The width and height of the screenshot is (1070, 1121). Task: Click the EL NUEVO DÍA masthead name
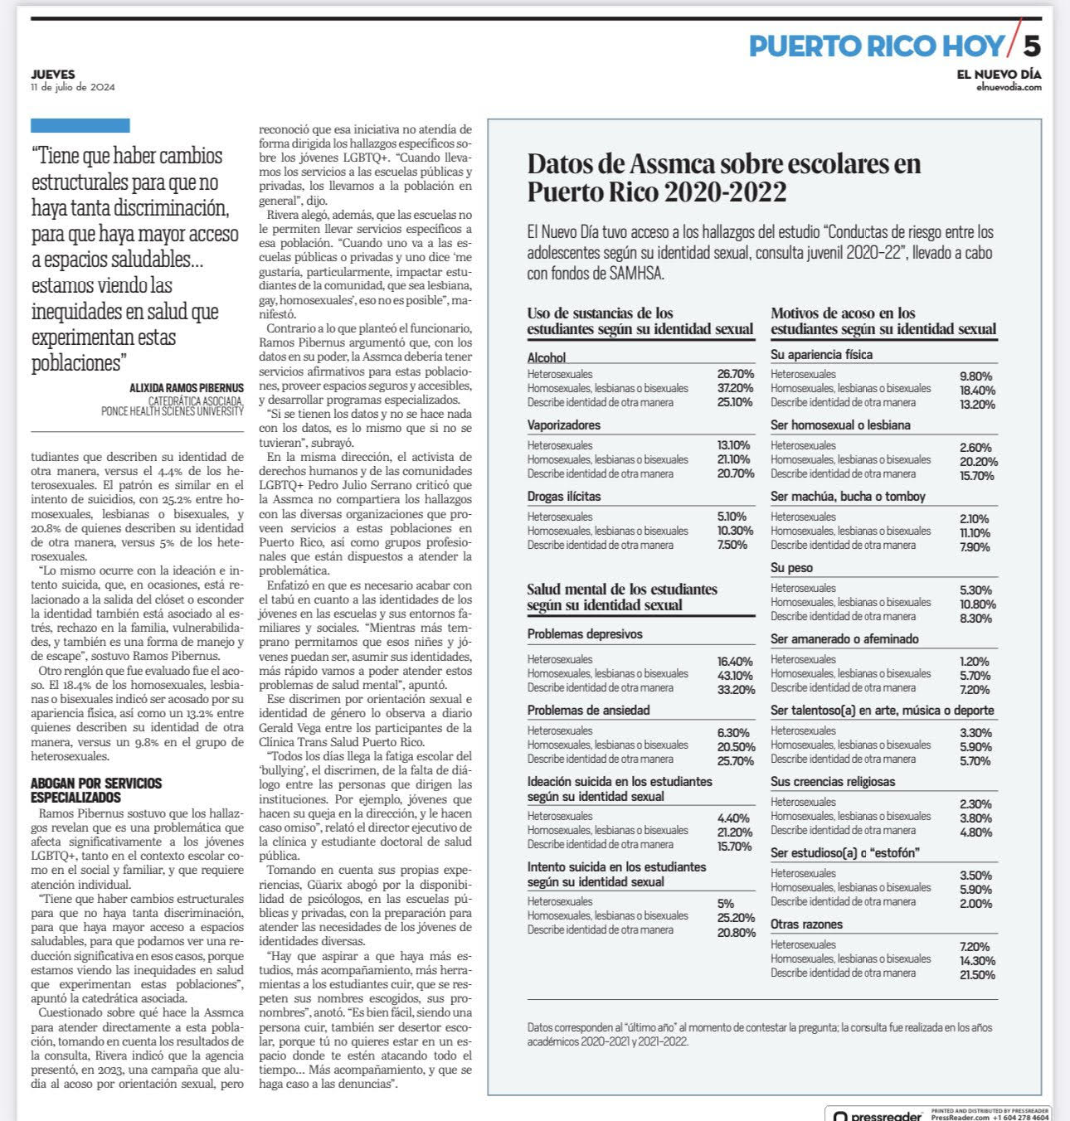(999, 75)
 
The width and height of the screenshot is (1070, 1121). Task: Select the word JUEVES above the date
(53, 75)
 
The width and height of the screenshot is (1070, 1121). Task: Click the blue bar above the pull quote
(80, 126)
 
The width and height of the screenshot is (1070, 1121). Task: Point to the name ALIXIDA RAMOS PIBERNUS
(187, 387)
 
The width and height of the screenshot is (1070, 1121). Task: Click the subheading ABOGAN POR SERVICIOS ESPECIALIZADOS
(96, 790)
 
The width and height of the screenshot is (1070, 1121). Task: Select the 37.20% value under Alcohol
(735, 388)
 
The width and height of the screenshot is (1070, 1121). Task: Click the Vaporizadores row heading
(564, 425)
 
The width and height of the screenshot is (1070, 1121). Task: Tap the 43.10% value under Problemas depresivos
(735, 676)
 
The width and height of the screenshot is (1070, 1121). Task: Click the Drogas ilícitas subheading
(564, 497)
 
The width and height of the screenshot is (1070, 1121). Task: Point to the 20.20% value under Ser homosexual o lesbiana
(979, 462)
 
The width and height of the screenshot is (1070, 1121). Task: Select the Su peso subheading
(791, 568)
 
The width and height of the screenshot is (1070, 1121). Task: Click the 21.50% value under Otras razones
(977, 975)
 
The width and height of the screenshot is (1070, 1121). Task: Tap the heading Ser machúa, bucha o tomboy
(848, 497)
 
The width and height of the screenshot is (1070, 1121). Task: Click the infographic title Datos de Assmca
(723, 177)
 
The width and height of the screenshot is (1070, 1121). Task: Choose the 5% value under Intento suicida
(725, 904)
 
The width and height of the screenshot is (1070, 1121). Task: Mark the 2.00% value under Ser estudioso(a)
(976, 904)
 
